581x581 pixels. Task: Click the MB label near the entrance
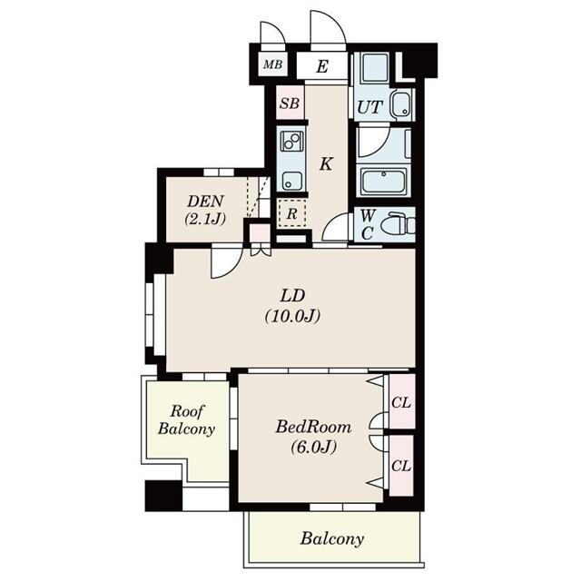(x=271, y=65)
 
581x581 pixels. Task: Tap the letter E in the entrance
(x=323, y=65)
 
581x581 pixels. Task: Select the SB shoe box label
(x=289, y=103)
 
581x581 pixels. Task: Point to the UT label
(x=369, y=108)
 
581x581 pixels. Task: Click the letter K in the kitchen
(x=325, y=164)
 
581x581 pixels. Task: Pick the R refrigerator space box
(x=291, y=214)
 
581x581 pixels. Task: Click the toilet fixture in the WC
(x=397, y=222)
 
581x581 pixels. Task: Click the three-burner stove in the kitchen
(x=291, y=142)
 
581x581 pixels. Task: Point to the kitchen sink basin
(x=291, y=177)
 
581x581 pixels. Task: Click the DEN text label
(x=205, y=202)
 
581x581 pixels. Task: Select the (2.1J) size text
(x=205, y=219)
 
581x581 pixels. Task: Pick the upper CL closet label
(x=400, y=402)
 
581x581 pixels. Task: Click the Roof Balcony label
(x=186, y=419)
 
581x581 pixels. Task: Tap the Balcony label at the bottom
(x=332, y=538)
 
